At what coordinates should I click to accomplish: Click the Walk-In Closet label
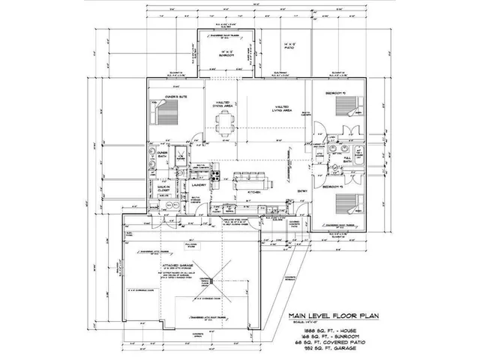click(x=163, y=190)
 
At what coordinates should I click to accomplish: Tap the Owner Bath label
click(x=161, y=154)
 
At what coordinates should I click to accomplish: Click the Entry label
click(x=301, y=191)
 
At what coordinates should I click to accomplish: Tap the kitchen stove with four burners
click(x=214, y=177)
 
